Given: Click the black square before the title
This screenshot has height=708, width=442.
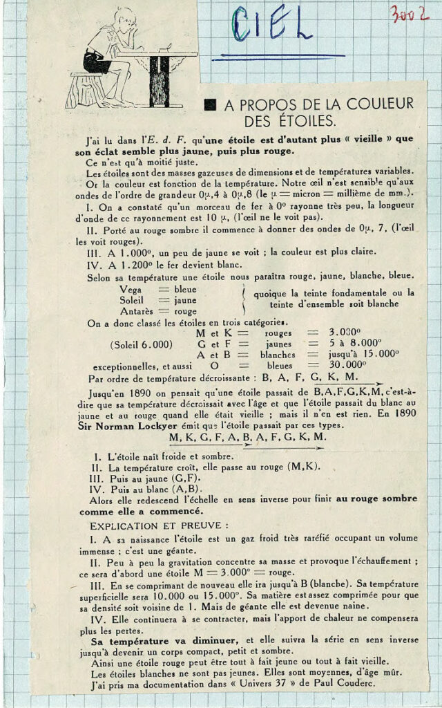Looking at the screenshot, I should tap(211, 104).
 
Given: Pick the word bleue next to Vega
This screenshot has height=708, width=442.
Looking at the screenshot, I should tap(185, 290).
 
